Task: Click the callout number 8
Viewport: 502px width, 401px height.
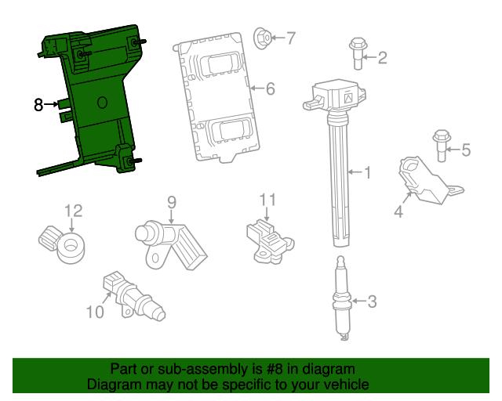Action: pyautogui.click(x=38, y=103)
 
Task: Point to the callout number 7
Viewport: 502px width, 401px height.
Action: pyautogui.click(x=290, y=37)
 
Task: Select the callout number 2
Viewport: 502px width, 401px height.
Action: pyautogui.click(x=382, y=57)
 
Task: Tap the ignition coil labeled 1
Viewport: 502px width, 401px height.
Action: pyautogui.click(x=339, y=149)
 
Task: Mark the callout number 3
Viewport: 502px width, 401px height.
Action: pyautogui.click(x=372, y=301)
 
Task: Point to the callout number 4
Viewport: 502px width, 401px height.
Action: pyautogui.click(x=398, y=210)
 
